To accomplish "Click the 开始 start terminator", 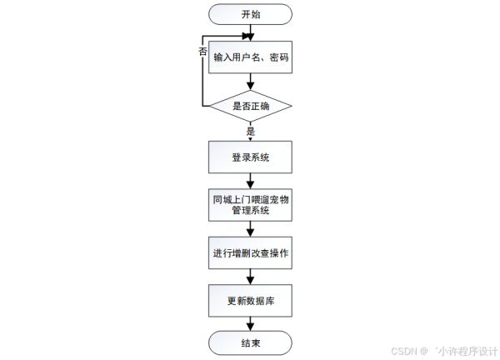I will click(250, 14).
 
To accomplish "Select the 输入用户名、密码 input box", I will click(250, 57).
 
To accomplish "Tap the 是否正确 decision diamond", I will click(250, 107).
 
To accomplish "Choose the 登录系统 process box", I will click(250, 156).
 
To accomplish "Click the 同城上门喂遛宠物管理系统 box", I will click(250, 205).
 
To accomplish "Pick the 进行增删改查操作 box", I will click(250, 252).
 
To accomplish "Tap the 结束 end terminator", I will click(250, 342).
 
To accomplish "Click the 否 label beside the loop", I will click(202, 52).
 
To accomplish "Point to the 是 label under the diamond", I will click(250, 131).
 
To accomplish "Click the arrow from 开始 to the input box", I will click(250, 32).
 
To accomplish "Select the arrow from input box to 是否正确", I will click(250, 82).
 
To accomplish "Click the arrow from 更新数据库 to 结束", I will click(250, 323).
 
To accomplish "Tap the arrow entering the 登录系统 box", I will click(250, 137).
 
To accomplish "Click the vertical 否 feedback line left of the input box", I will click(202, 75).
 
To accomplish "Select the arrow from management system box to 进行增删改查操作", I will click(250, 229).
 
